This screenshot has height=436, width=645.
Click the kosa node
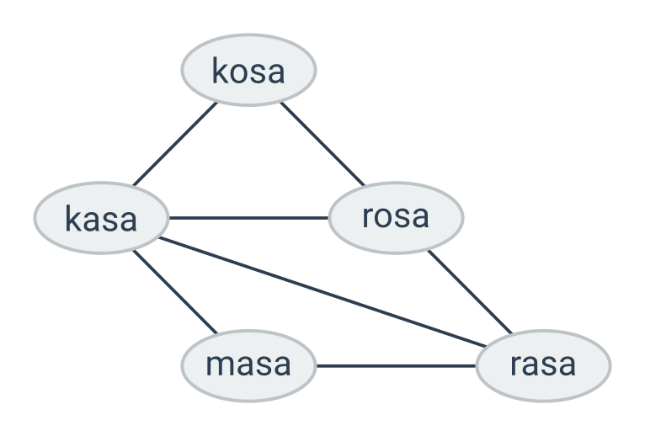coord(248,70)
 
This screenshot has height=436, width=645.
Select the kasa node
coord(101,218)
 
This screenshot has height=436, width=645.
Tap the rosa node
coord(396,218)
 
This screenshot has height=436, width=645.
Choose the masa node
coord(248,365)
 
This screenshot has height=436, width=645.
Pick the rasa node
coord(543,365)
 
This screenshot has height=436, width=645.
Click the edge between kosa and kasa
coord(175,144)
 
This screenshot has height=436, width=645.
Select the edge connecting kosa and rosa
coord(322,144)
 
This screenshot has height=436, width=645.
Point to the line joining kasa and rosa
coord(249,218)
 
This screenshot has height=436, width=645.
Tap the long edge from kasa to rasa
coord(322,292)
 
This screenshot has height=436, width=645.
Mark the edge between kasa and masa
coord(175,292)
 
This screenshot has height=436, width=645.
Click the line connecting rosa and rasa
coord(470,292)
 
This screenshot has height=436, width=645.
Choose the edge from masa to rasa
coord(396,365)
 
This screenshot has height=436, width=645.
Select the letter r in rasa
coord(516,365)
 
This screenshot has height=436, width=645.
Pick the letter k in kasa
coord(72,219)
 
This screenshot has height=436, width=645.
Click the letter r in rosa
coord(368,217)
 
